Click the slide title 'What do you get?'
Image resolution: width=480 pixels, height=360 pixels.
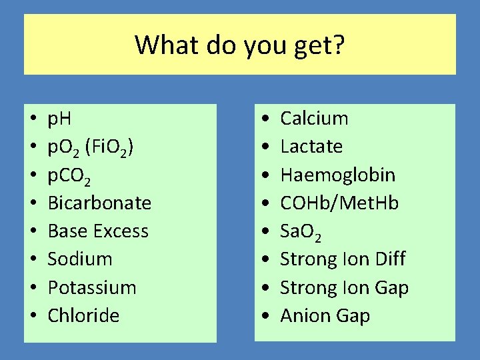pos(240,45)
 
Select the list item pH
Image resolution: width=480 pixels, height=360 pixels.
pos(60,119)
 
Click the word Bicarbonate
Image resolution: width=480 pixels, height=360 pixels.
pos(99,203)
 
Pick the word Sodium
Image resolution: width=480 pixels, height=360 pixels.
pos(80,259)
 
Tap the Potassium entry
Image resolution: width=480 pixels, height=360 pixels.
pos(92,288)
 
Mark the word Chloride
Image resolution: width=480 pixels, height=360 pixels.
pos(83,315)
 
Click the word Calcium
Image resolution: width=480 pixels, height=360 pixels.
pos(314,119)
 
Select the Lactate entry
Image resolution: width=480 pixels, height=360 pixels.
pos(311,147)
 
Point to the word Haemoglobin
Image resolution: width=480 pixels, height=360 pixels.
pos(337,175)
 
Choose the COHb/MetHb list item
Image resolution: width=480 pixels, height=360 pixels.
pos(339,203)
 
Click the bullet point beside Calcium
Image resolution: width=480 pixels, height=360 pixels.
pos(265,119)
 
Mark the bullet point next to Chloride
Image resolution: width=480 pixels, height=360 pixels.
pos(33,316)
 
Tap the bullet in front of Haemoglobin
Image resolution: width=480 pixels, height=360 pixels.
pos(265,175)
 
